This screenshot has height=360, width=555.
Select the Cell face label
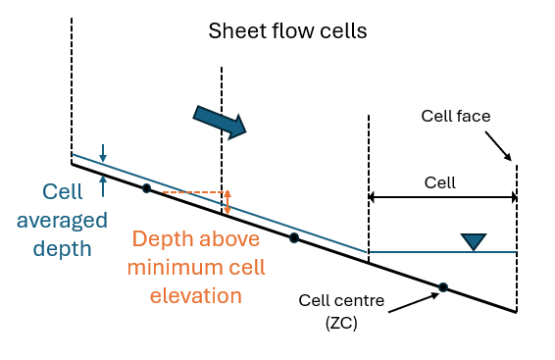(x=455, y=117)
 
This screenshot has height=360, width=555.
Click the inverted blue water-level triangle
(x=475, y=241)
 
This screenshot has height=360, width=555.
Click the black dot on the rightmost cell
(x=443, y=287)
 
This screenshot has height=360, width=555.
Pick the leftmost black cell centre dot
(x=146, y=187)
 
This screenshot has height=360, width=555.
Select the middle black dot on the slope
(x=293, y=237)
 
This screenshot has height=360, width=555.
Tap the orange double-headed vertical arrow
(x=227, y=202)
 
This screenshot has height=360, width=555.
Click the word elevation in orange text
(x=197, y=293)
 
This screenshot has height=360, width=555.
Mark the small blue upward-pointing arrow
(x=102, y=179)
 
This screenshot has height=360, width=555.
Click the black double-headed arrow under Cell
(x=442, y=197)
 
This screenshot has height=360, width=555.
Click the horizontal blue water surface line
(x=441, y=252)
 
